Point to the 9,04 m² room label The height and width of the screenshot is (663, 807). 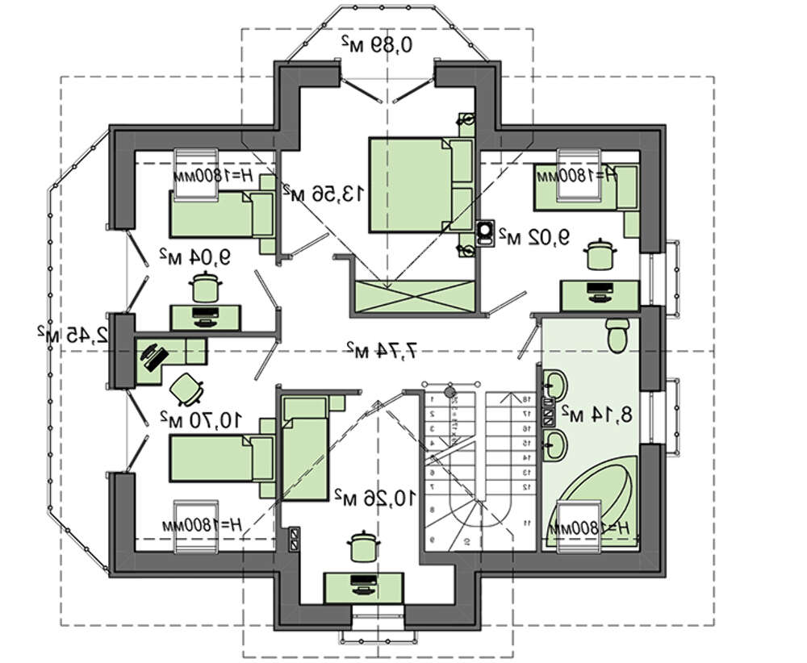194,257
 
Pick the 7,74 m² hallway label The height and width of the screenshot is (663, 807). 382,349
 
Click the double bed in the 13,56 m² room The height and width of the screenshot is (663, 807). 420,185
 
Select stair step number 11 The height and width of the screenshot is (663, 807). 526,524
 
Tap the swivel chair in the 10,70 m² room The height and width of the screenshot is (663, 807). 187,389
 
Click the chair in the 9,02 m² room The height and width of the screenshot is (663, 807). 598,255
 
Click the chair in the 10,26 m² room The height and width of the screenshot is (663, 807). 362,547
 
